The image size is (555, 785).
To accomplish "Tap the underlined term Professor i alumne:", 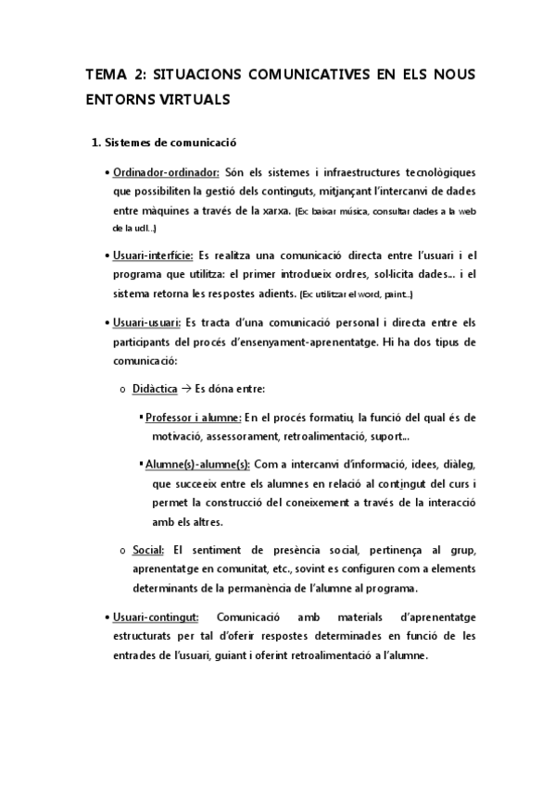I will point(194,417).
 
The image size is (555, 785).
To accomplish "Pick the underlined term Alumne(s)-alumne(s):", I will point(197,462).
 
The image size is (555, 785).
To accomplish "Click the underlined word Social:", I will point(148,551).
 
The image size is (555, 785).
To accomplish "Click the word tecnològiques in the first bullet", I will point(435,173).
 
